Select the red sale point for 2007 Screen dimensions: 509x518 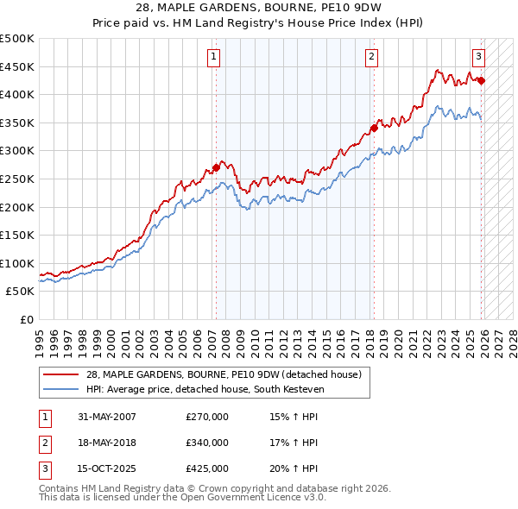(x=216, y=167)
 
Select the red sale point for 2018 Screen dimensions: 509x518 (x=374, y=129)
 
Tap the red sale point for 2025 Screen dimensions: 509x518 (x=481, y=81)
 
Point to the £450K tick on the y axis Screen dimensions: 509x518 (x=19, y=66)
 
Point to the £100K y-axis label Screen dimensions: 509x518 (x=19, y=263)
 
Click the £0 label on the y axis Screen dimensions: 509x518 (x=27, y=319)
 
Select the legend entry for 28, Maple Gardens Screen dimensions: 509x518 (x=228, y=374)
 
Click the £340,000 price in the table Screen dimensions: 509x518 (x=207, y=443)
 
